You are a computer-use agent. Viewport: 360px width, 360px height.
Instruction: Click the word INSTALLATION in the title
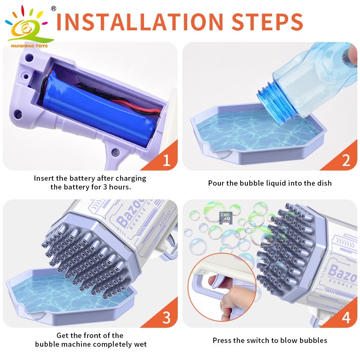pyautogui.click(x=139, y=22)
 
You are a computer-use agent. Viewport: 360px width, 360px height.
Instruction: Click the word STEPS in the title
pyautogui.click(x=268, y=22)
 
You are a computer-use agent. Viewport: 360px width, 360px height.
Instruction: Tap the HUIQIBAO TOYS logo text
pyautogui.click(x=30, y=46)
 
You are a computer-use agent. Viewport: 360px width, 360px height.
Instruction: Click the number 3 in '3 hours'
pyautogui.click(x=105, y=187)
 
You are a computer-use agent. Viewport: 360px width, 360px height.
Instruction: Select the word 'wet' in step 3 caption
pyautogui.click(x=141, y=344)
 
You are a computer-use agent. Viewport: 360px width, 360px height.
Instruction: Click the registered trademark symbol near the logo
pyautogui.click(x=53, y=9)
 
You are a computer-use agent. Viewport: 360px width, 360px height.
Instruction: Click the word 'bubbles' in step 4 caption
pyautogui.click(x=314, y=340)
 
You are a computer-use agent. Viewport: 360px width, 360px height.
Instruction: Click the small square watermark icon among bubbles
pyautogui.click(x=225, y=218)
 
